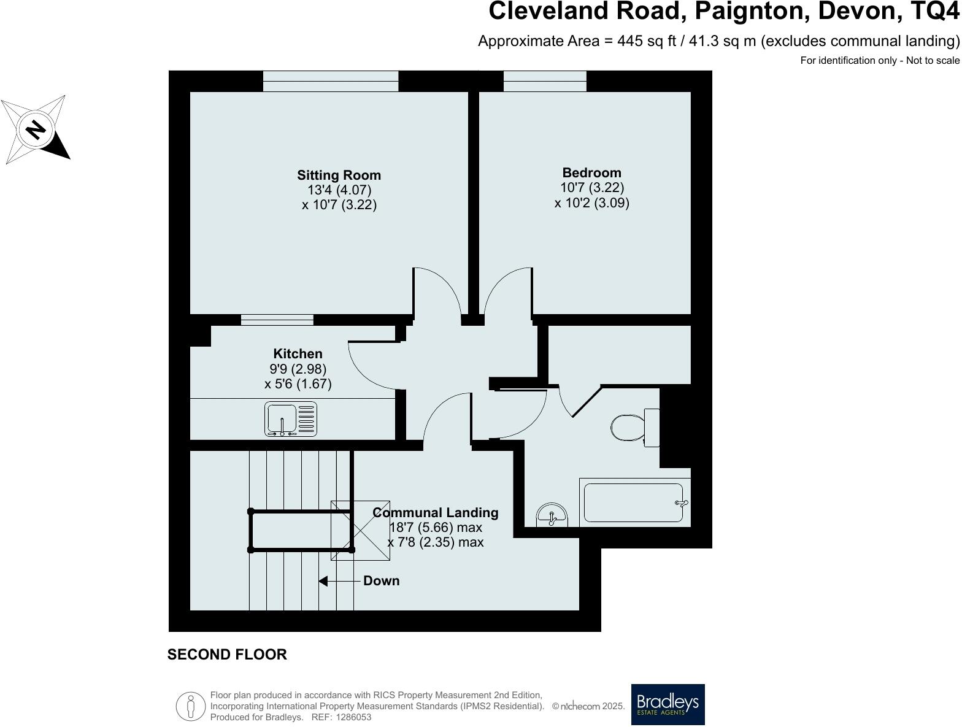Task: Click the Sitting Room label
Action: [x=339, y=175]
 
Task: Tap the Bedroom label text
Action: [x=591, y=173]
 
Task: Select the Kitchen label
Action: [x=298, y=354]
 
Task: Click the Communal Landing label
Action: [x=436, y=512]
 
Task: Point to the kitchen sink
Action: [x=291, y=419]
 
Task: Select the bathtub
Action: [x=633, y=503]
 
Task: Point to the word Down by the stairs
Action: [x=381, y=581]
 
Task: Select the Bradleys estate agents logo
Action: [x=668, y=704]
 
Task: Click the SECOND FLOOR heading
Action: [x=227, y=655]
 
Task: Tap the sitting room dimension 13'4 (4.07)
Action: [x=339, y=190]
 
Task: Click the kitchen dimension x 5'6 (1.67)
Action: [x=298, y=384]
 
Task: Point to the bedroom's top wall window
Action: [x=545, y=81]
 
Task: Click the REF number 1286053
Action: [x=351, y=717]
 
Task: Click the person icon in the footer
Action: [x=191, y=706]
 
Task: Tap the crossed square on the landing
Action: [x=360, y=530]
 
